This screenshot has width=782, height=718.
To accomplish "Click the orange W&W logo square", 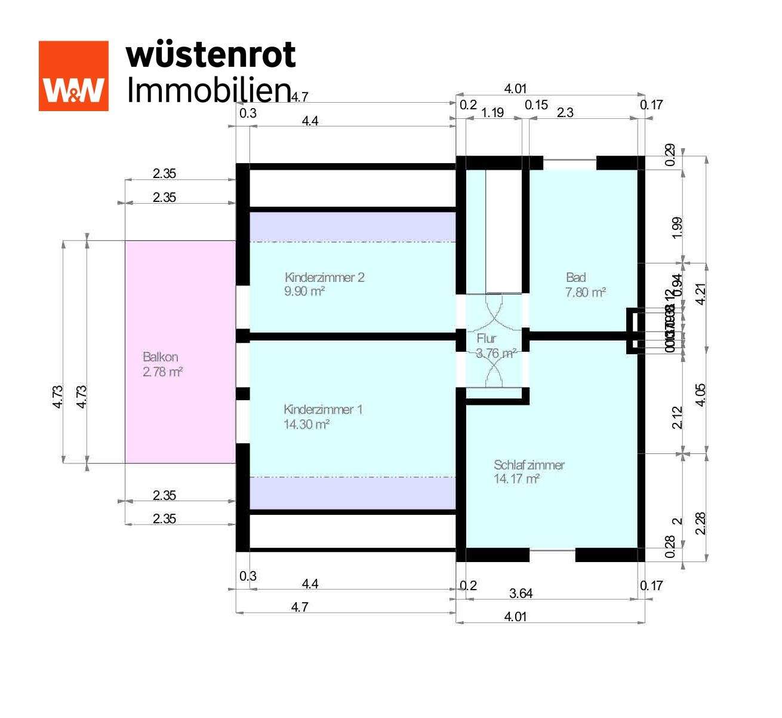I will coord(73,76).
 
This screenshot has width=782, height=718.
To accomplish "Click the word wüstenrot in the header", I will coord(211,55).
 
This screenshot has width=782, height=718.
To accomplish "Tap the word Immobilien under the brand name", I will coord(209,90).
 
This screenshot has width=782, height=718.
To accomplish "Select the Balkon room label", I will coord(161,357).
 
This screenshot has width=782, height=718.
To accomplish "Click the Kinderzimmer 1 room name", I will coord(323,410).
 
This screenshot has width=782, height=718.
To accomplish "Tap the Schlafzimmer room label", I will coord(529,465).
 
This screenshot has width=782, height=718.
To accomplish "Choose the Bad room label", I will coord(576,277).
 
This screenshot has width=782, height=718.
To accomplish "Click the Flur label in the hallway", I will coord(486,339).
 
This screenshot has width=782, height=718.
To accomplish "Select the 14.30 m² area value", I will coord(307,425).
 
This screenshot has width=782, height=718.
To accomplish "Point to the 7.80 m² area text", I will coord(586,292).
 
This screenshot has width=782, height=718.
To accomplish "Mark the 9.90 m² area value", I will coord(305,292).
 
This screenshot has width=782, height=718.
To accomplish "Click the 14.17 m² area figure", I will coord(517,479).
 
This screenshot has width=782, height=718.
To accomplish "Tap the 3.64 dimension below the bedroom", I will coord(521,594).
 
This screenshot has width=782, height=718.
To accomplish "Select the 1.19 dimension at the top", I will coord(492,112).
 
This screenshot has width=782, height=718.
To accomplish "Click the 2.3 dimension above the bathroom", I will coord(565,112).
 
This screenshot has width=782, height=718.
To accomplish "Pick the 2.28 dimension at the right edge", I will coord(701,523).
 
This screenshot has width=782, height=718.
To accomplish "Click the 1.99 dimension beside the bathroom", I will coord(677,228).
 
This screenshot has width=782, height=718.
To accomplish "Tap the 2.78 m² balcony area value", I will coord(162,372).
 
